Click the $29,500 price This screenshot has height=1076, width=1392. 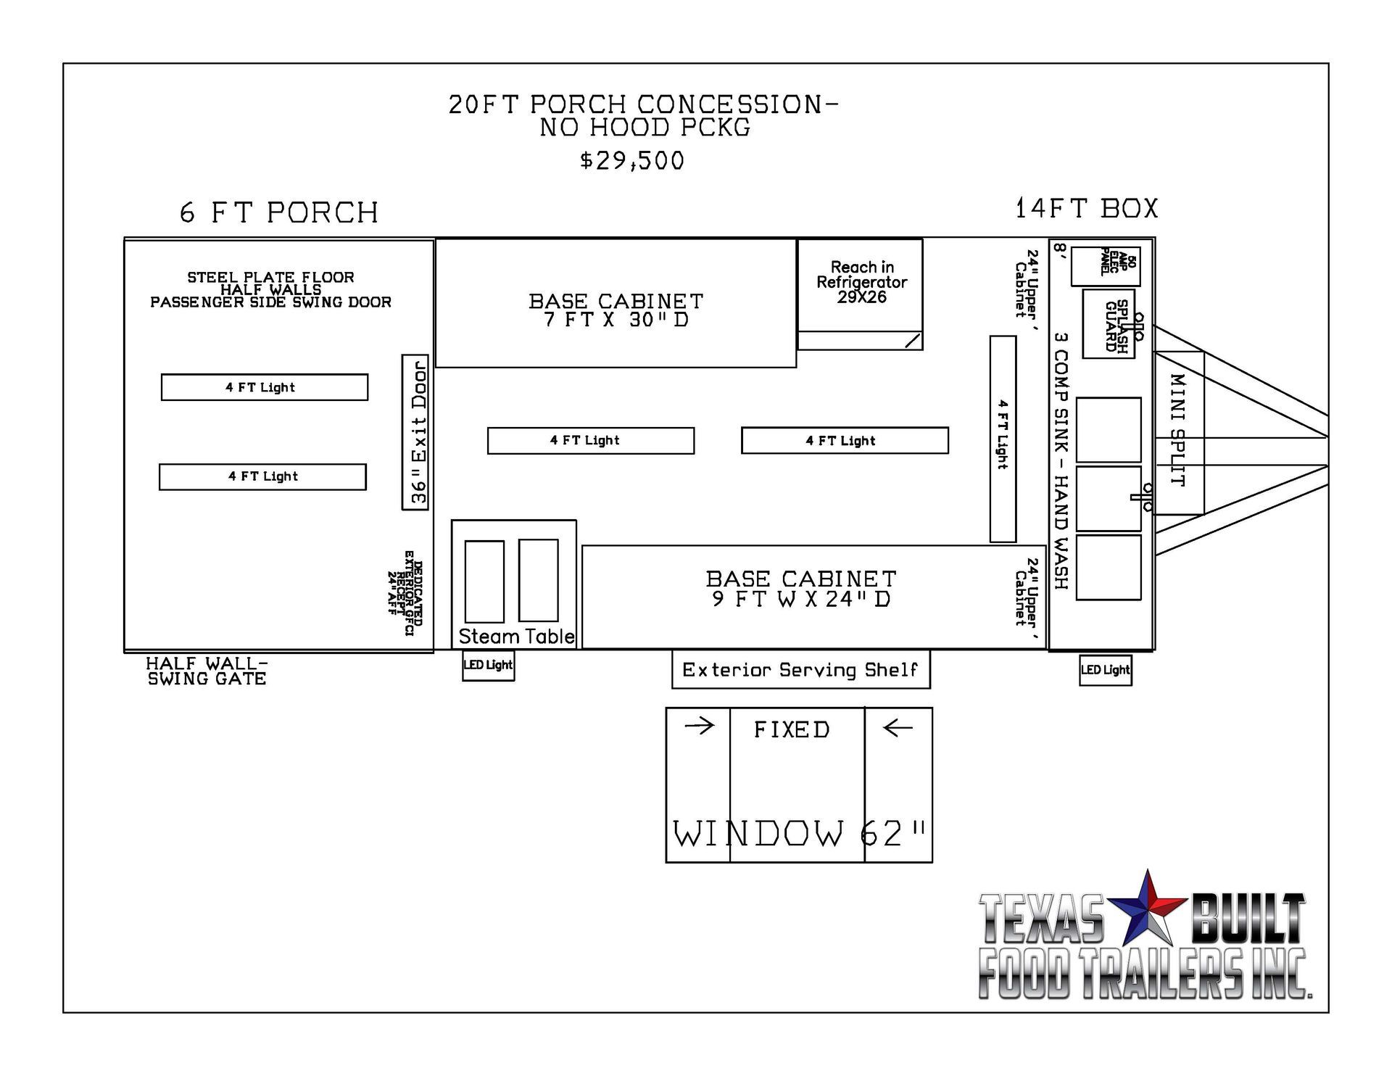click(631, 160)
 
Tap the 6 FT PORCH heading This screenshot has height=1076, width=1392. click(279, 212)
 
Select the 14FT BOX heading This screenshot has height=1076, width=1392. click(1086, 208)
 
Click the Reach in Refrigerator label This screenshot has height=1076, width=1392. click(862, 282)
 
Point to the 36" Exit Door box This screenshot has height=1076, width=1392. click(415, 432)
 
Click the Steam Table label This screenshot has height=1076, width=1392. click(516, 637)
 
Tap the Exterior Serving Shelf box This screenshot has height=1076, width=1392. click(801, 669)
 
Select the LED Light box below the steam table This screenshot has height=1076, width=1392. click(489, 665)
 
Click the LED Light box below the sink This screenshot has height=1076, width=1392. click(1106, 669)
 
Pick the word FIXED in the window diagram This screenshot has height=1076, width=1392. click(792, 729)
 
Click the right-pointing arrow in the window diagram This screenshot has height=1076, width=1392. click(700, 726)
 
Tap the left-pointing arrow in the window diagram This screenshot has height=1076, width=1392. click(898, 727)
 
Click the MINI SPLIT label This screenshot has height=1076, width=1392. click(1178, 431)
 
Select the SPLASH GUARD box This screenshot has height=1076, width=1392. click(1109, 324)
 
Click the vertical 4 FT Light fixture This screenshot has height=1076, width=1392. click(1003, 439)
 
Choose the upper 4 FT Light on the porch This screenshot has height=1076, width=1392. click(265, 387)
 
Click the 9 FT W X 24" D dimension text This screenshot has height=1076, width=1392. click(801, 599)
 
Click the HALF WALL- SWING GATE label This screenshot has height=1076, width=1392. click(207, 671)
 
